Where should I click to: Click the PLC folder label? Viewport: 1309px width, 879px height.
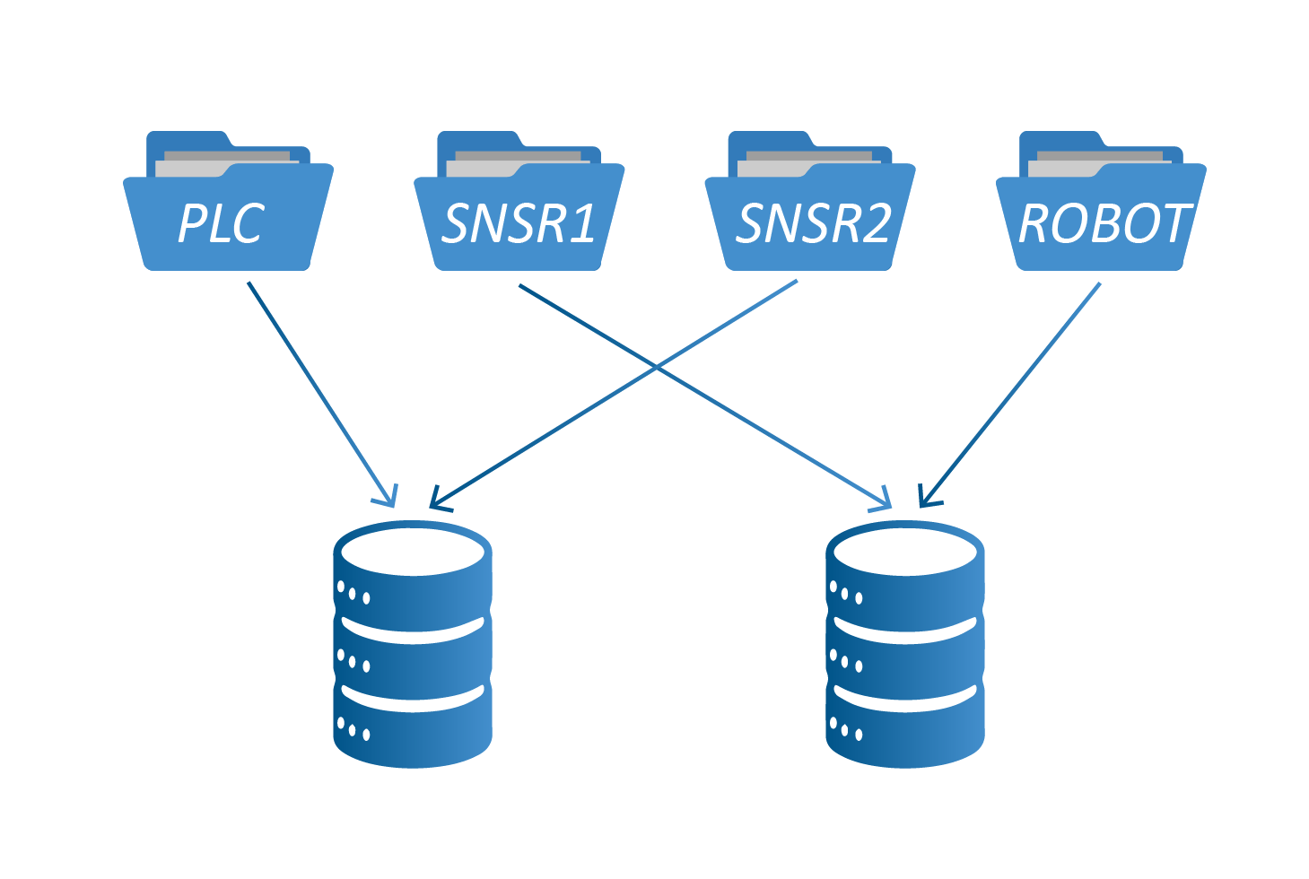221,223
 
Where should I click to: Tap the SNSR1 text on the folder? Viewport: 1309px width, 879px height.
519,223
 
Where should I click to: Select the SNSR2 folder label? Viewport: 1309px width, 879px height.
813,223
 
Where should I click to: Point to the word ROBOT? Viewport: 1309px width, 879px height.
1104,223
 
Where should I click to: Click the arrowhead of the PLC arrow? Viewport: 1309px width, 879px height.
388,496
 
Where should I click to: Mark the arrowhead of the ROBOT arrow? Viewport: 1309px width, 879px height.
928,496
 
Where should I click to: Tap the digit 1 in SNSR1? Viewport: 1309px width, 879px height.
583,223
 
